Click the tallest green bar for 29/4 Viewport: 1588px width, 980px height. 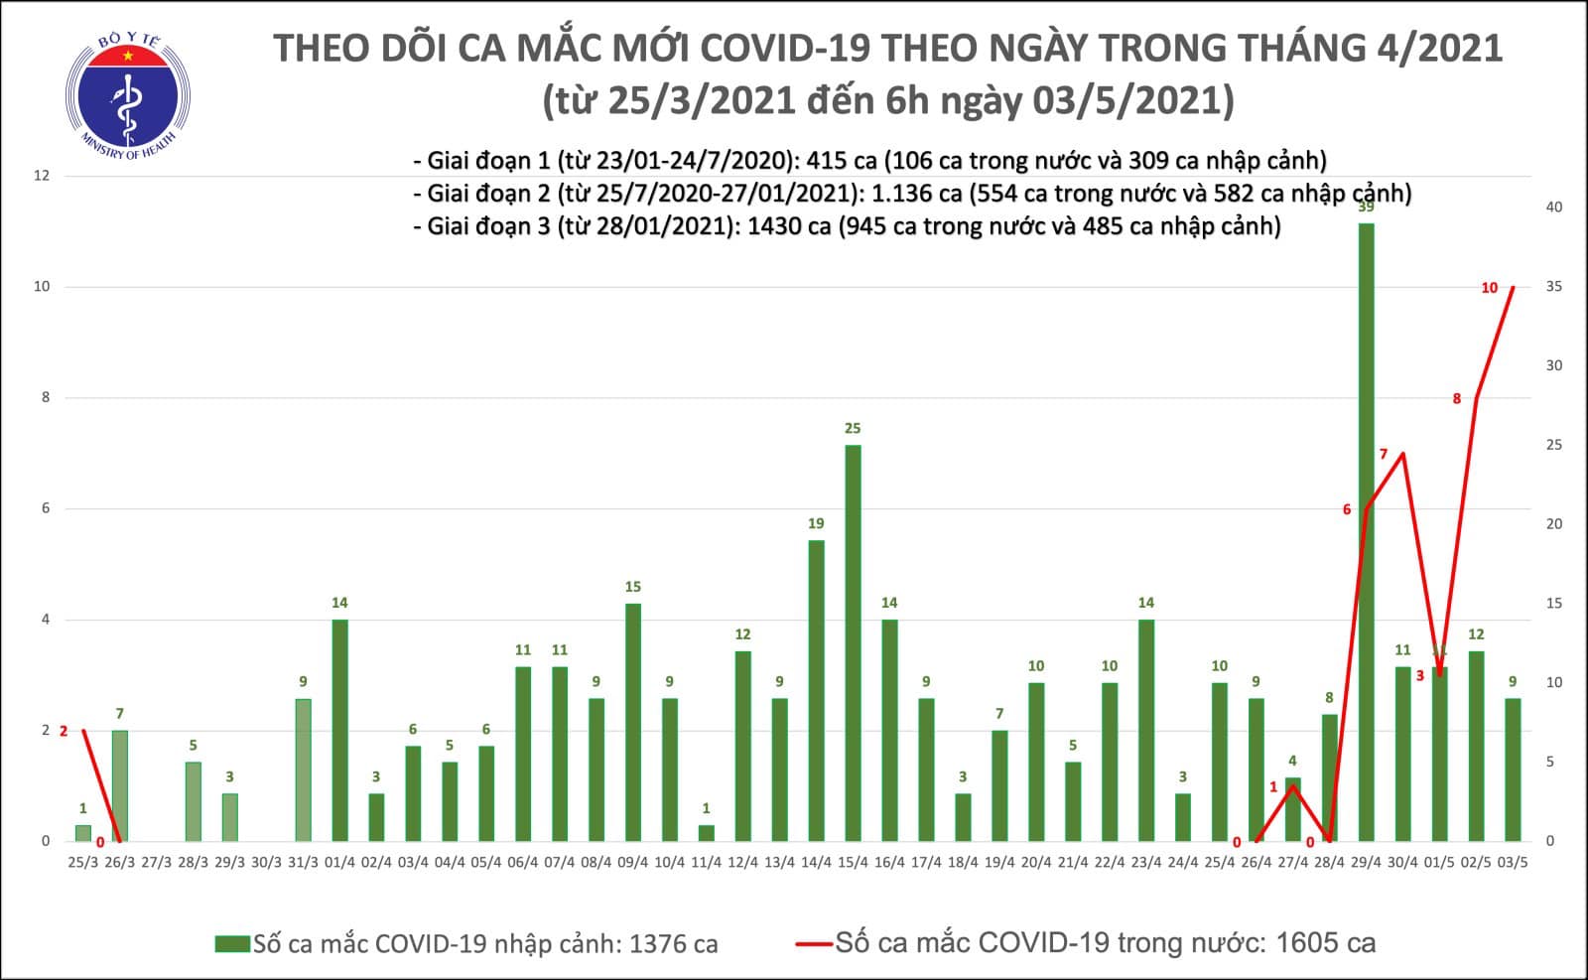tap(1366, 531)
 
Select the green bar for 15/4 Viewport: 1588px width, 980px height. tap(853, 642)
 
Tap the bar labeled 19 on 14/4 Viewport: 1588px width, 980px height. tap(816, 690)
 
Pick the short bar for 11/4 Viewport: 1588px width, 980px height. tap(706, 832)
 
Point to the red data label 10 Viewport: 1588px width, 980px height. tap(1489, 288)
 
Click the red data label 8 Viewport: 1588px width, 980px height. tap(1457, 399)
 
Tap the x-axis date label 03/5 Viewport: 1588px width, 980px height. tap(1513, 862)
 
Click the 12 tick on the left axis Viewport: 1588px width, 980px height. tap(42, 176)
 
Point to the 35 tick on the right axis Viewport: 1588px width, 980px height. tap(1553, 287)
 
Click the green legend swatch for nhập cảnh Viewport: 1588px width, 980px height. tap(232, 943)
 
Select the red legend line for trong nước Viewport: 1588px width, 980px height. tap(814, 943)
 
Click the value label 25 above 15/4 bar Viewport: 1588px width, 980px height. tap(853, 429)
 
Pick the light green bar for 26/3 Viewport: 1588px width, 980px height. tap(119, 785)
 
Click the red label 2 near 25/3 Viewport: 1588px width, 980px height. tap(64, 731)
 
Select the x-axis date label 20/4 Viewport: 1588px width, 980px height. tap(1036, 862)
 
